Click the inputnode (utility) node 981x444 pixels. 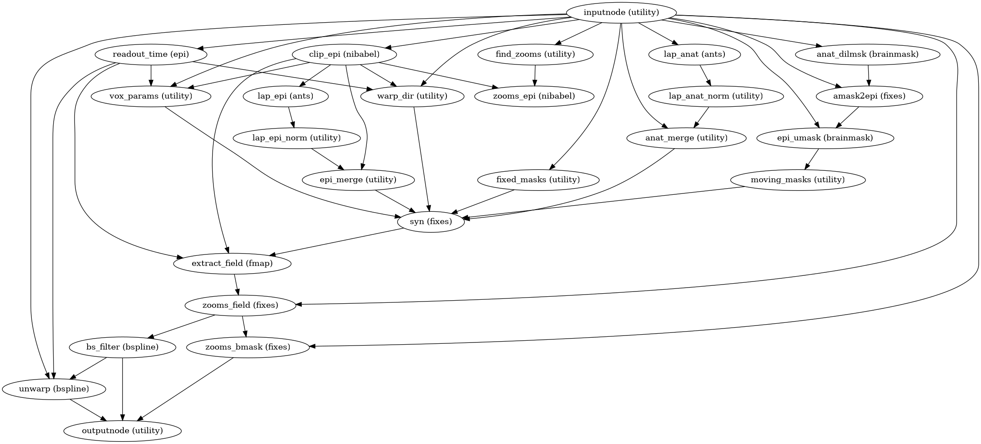coord(621,13)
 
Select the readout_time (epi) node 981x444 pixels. coord(151,54)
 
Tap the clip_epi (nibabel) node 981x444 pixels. coord(344,54)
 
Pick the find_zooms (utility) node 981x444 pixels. coord(535,54)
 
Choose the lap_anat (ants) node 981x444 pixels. coord(694,54)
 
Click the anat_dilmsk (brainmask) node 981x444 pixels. coord(868,54)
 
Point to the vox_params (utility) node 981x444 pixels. coord(151,96)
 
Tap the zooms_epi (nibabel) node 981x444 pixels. coord(534,96)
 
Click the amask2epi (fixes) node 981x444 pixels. coord(869,96)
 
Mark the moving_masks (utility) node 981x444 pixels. coord(798,180)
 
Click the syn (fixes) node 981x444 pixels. coord(431,222)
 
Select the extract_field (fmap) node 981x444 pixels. coord(232,264)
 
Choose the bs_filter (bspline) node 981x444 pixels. coord(122,347)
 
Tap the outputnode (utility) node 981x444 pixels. coord(122,431)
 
